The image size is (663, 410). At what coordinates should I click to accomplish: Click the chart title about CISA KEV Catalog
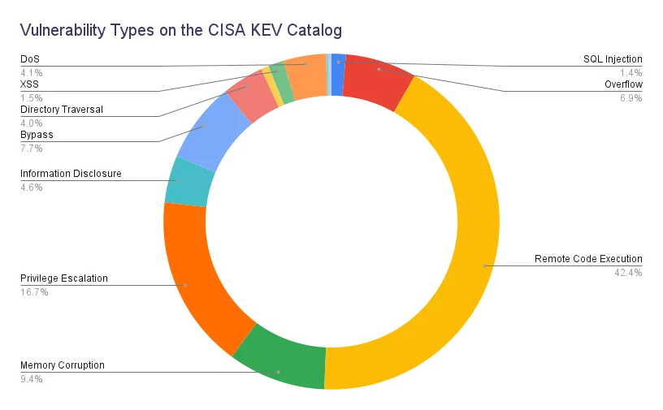click(x=181, y=30)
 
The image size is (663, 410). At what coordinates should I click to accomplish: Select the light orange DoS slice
click(x=305, y=77)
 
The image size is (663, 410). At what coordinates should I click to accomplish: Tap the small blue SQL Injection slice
click(x=337, y=75)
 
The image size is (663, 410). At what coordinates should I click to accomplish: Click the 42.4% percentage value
click(x=628, y=273)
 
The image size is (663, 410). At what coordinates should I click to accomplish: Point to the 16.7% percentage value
click(x=34, y=292)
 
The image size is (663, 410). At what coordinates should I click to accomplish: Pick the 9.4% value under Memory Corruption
click(x=32, y=379)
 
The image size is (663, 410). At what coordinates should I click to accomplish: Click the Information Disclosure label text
click(x=71, y=174)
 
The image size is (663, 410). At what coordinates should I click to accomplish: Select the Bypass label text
click(x=37, y=135)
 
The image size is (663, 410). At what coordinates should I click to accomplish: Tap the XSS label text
click(x=29, y=84)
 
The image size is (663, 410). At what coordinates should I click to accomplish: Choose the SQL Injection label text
click(x=613, y=59)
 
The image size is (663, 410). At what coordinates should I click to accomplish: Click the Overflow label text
click(x=623, y=84)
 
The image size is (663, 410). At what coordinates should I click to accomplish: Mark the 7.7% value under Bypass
click(x=32, y=149)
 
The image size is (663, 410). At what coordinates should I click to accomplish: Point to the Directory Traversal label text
click(x=62, y=110)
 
